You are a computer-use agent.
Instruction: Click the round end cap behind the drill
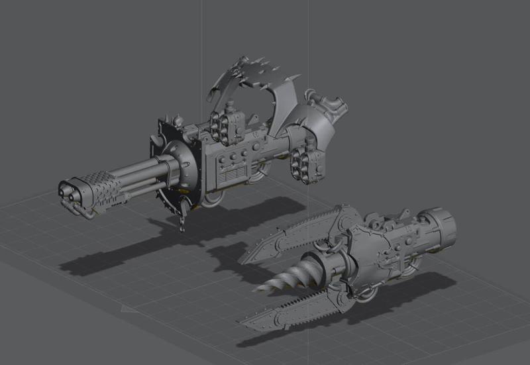[439, 227]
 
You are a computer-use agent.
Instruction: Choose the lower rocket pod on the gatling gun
[306, 165]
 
